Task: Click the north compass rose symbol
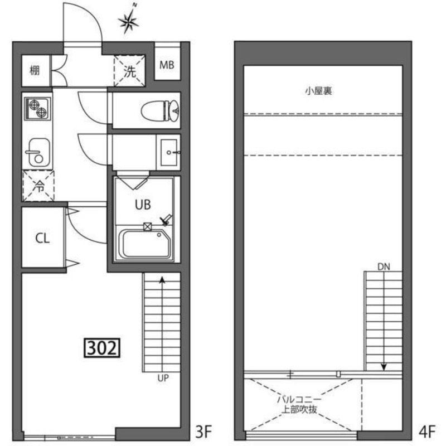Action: [129, 20]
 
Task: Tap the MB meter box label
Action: [167, 65]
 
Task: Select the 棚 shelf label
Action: [35, 70]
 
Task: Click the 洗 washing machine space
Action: [130, 71]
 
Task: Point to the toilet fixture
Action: [160, 110]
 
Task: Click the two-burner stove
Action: [37, 108]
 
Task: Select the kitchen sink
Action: [38, 153]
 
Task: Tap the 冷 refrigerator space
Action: [38, 186]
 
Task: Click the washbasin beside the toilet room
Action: [169, 152]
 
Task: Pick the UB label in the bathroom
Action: [143, 205]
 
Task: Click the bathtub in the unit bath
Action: [144, 244]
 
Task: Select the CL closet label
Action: [42, 239]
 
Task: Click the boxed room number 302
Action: [102, 347]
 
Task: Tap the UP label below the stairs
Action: [163, 378]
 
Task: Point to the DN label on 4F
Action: [384, 267]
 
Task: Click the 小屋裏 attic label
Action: [318, 91]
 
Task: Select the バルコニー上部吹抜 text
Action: [299, 404]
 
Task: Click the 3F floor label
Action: [203, 432]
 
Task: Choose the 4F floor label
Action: [427, 432]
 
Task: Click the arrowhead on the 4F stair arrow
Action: [384, 367]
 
